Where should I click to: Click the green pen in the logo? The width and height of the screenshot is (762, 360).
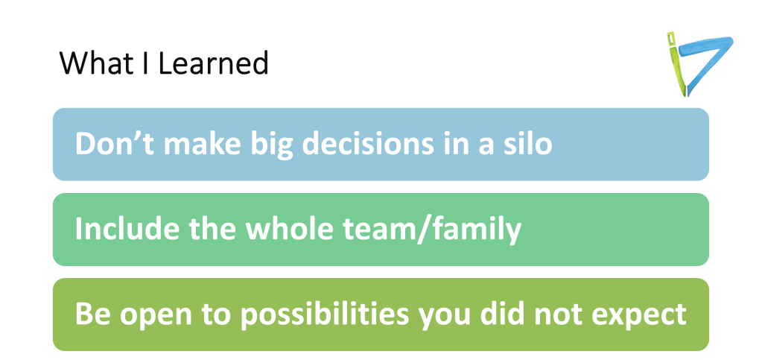pyautogui.click(x=674, y=63)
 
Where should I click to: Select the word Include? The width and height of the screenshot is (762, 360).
pyautogui.click(x=118, y=229)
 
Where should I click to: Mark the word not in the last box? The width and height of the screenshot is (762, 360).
pyautogui.click(x=560, y=314)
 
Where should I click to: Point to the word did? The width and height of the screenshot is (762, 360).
pyautogui.click(x=506, y=314)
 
